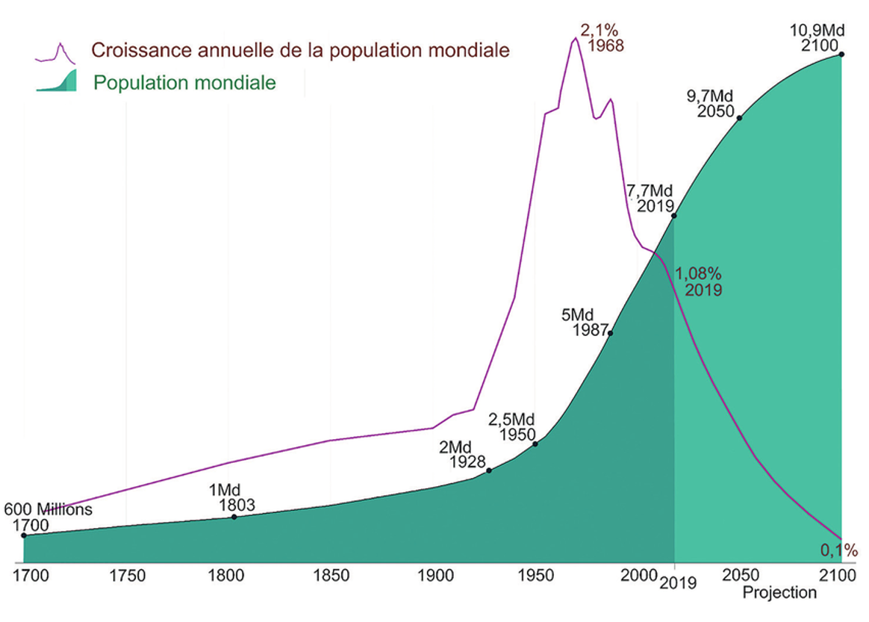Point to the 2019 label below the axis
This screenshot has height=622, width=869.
click(x=678, y=583)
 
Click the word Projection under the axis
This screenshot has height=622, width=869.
click(x=779, y=593)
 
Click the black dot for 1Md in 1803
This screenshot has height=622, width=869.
click(x=234, y=517)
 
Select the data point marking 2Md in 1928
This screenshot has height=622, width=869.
click(x=489, y=470)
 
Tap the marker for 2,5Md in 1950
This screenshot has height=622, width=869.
click(x=535, y=444)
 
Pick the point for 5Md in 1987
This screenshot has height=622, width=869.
click(x=610, y=333)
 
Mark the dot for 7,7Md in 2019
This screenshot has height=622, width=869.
click(x=674, y=216)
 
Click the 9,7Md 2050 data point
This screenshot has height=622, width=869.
click(x=739, y=118)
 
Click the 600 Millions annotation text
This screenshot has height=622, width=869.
click(x=49, y=510)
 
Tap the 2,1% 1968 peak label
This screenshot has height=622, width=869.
click(x=599, y=38)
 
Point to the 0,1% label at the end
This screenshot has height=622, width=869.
click(x=839, y=551)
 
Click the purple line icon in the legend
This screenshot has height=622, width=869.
click(x=55, y=53)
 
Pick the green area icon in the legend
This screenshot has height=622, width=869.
click(x=57, y=81)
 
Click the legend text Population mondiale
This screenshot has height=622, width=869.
click(x=184, y=82)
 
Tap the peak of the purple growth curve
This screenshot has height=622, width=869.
click(x=574, y=38)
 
